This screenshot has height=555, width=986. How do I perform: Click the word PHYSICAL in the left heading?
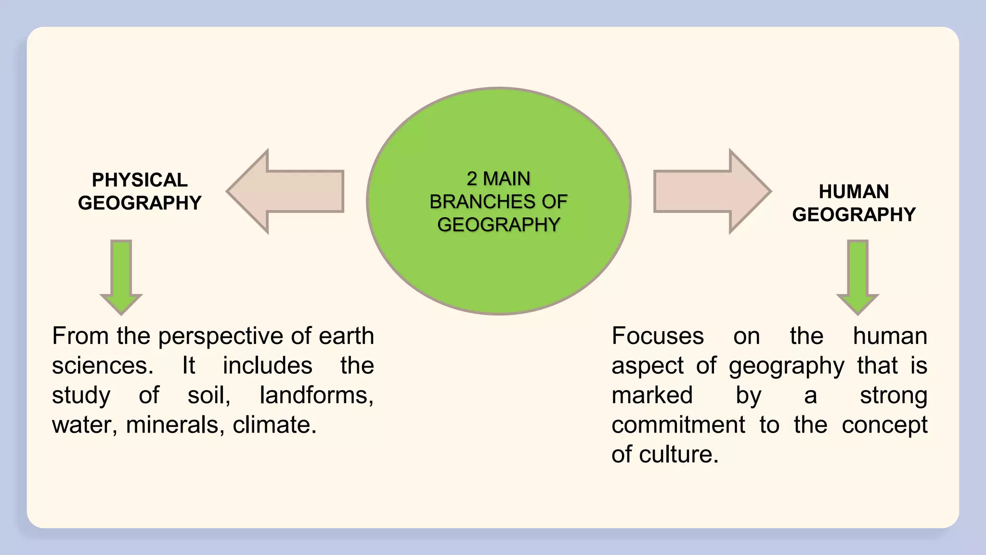pyautogui.click(x=140, y=180)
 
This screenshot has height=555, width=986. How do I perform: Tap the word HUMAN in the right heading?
pyautogui.click(x=854, y=192)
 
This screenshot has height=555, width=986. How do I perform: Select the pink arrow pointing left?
pyautogui.click(x=289, y=191)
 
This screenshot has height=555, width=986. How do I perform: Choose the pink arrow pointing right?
pyautogui.click(x=708, y=191)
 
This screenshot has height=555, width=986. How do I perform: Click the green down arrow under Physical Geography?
pyautogui.click(x=121, y=277)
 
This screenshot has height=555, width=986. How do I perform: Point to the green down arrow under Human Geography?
pyautogui.click(x=857, y=277)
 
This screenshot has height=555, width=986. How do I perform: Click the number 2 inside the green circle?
pyautogui.click(x=472, y=179)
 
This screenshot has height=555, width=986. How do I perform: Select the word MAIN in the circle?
pyautogui.click(x=506, y=179)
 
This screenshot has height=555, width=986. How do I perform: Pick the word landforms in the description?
pyautogui.click(x=316, y=396)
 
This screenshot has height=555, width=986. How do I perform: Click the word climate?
pyautogui.click(x=274, y=425)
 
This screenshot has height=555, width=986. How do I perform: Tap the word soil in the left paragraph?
pyautogui.click(x=208, y=396)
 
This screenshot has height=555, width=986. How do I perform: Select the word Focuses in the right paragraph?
pyautogui.click(x=658, y=336)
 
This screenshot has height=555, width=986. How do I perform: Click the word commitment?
pyautogui.click(x=678, y=425)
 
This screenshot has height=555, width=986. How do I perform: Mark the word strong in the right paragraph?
pyautogui.click(x=894, y=396)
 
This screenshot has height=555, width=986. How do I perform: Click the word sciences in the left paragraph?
pyautogui.click(x=102, y=366)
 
